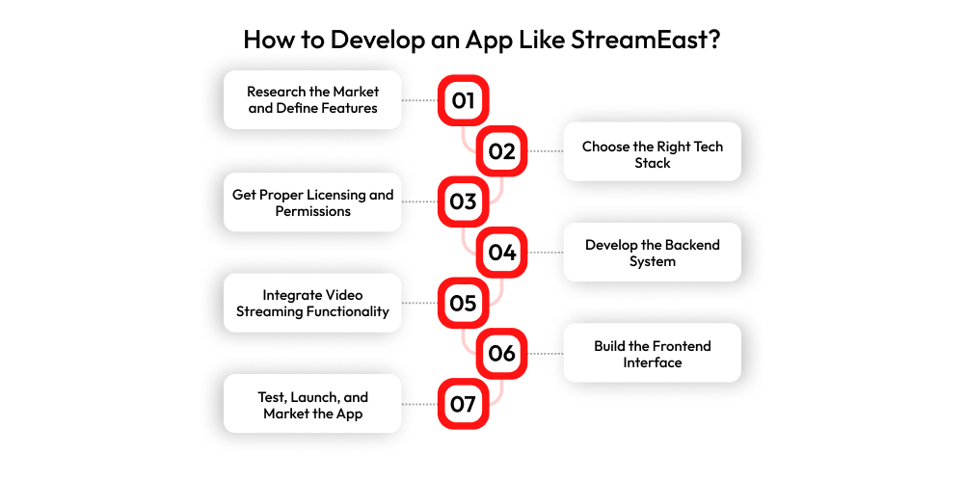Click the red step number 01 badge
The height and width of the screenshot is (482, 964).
tap(463, 100)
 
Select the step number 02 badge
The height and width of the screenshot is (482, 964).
tap(501, 150)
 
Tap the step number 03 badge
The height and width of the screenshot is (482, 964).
tap(463, 201)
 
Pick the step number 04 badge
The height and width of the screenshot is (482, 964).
tap(501, 252)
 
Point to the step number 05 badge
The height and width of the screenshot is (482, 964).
tap(463, 303)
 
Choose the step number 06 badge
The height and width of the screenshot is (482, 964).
tap(501, 354)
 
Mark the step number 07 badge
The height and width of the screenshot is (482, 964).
tap(463, 404)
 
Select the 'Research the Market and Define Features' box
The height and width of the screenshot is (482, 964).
tap(312, 99)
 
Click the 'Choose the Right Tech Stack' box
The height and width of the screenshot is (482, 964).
tap(653, 151)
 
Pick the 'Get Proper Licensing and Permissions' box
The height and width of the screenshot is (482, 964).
tap(312, 202)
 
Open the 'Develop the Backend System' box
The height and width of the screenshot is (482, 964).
tap(653, 252)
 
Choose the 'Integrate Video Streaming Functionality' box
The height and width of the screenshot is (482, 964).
tap(312, 303)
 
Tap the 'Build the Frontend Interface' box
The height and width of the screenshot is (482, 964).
tap(653, 354)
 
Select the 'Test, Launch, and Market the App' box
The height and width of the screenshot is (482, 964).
tap(312, 404)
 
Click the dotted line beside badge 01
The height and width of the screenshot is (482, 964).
tap(420, 100)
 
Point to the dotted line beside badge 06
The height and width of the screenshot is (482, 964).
tap(546, 354)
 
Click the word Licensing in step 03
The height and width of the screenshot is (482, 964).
tap(337, 196)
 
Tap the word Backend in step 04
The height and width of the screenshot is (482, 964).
tap(689, 245)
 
